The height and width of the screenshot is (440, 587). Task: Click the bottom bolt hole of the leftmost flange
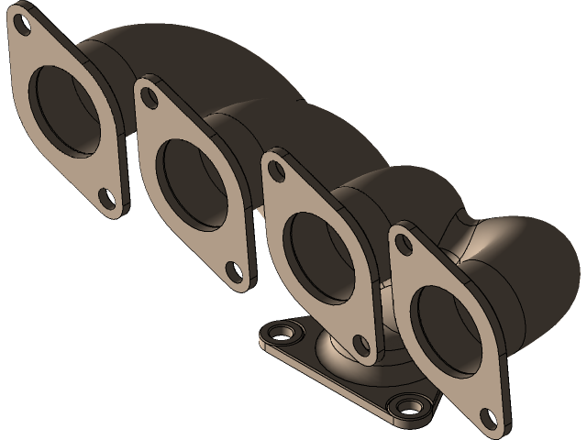107,196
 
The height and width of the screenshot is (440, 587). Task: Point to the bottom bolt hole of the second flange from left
235,271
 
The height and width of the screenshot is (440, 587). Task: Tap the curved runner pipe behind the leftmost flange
183,55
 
